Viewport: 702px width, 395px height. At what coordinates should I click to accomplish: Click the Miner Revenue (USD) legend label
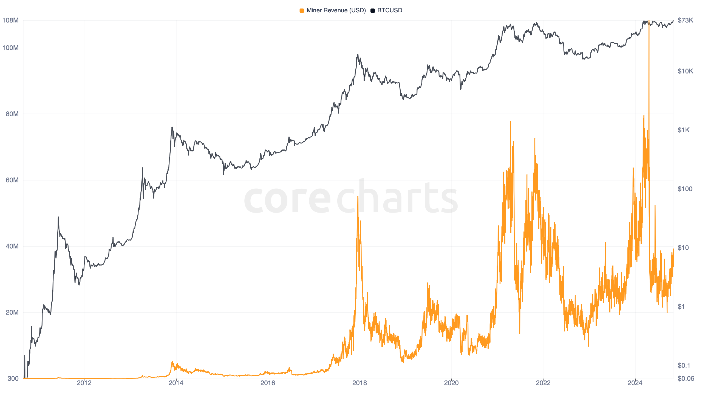click(336, 10)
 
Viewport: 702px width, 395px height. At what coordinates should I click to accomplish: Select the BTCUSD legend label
click(389, 10)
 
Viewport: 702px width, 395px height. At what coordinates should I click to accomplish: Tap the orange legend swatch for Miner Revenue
click(302, 11)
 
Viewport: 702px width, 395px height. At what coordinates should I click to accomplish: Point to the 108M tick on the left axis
click(10, 20)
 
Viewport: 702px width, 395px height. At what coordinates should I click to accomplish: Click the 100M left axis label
click(10, 48)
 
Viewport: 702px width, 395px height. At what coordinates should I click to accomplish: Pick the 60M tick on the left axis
click(12, 180)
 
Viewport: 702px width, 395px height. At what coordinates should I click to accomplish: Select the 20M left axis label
click(12, 312)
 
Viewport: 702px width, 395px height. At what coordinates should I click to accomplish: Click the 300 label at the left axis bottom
click(13, 379)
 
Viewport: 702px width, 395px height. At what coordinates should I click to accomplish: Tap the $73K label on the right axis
click(685, 20)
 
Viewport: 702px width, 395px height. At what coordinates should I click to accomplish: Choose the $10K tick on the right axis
click(685, 71)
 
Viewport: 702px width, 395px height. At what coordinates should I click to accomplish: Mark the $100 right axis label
click(685, 189)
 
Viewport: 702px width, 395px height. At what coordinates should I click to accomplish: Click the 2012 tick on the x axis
click(84, 383)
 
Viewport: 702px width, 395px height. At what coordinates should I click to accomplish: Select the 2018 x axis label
click(360, 383)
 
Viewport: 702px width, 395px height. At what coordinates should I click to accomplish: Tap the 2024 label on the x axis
click(635, 383)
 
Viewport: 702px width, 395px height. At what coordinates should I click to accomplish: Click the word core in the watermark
click(287, 199)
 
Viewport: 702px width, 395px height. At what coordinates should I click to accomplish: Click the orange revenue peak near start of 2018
click(358, 197)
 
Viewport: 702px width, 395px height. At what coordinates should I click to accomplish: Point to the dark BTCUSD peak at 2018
click(358, 55)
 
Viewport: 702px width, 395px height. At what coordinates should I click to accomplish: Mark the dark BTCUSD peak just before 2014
click(172, 127)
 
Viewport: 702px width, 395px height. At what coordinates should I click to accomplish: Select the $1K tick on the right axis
click(683, 130)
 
